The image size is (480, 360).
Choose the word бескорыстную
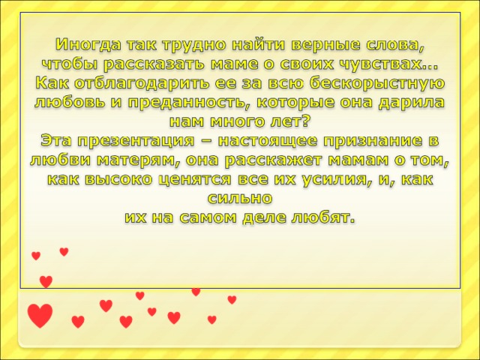point(377,83)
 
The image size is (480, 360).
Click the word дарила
point(411,103)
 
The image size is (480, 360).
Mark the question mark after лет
point(304,121)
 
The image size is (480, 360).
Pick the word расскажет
point(273,160)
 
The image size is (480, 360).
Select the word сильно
point(240,198)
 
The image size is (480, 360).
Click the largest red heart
point(40,315)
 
